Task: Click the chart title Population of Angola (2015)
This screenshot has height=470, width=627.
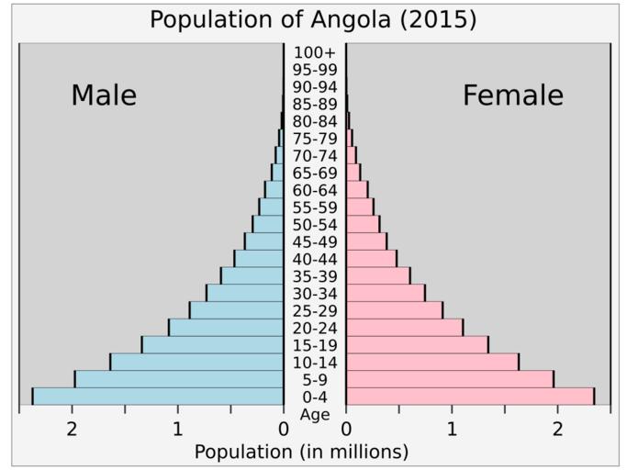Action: [313, 19]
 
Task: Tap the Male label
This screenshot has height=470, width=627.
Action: [104, 95]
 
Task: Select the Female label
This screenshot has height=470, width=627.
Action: [512, 95]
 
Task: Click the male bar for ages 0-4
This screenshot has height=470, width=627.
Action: [158, 397]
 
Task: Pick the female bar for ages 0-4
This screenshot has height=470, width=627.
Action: [469, 397]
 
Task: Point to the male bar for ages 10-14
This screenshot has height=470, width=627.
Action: [196, 362]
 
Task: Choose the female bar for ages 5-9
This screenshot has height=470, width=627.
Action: [449, 379]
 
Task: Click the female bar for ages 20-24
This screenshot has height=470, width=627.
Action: [404, 328]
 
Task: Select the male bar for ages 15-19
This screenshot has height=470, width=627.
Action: [212, 345]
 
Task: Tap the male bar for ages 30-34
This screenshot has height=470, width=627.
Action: [244, 293]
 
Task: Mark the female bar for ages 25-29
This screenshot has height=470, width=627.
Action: [394, 310]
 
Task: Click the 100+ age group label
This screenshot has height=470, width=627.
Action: [315, 52]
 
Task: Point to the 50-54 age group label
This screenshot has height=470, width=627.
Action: [315, 225]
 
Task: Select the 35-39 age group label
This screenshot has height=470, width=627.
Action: [315, 276]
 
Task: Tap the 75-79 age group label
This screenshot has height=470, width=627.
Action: [315, 139]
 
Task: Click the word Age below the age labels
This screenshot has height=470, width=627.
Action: [315, 415]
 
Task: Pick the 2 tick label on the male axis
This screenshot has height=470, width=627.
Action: [72, 430]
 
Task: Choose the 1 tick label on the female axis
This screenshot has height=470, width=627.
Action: [452, 430]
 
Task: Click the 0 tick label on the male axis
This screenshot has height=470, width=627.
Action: [283, 430]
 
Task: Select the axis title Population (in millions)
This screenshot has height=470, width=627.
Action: [301, 452]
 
